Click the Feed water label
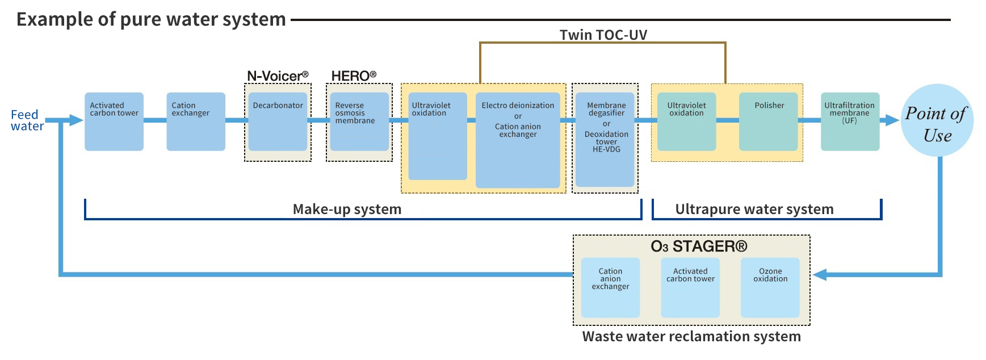26,120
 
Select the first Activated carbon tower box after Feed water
114,122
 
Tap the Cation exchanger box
196,122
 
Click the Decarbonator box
278,122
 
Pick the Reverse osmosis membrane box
359,122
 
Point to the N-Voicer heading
278,76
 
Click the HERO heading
354,76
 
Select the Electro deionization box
518,140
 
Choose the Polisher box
769,122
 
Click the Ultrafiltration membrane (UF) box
850,122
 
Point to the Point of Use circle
937,121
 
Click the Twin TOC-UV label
603,35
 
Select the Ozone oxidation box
770,287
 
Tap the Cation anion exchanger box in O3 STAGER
610,287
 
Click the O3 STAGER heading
699,246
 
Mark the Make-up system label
347,209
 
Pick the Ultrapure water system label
754,209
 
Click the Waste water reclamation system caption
691,336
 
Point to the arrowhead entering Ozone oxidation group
819,275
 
